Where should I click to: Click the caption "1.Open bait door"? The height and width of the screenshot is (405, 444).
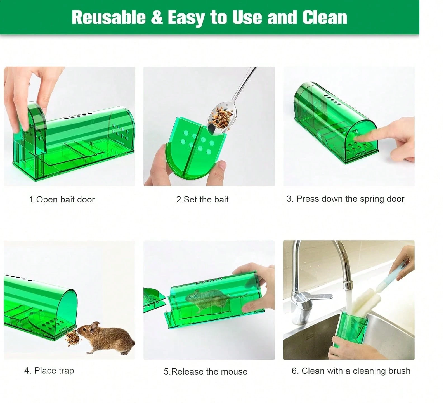62,199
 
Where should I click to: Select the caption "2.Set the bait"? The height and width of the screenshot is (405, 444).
202,199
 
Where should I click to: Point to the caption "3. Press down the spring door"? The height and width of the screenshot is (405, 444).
345,199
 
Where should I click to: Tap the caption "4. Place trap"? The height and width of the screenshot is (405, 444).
49,371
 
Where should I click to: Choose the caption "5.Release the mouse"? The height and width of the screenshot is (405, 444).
206,371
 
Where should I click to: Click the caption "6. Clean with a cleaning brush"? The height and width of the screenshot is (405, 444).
351,371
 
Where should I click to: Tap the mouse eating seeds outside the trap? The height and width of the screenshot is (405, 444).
109,337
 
